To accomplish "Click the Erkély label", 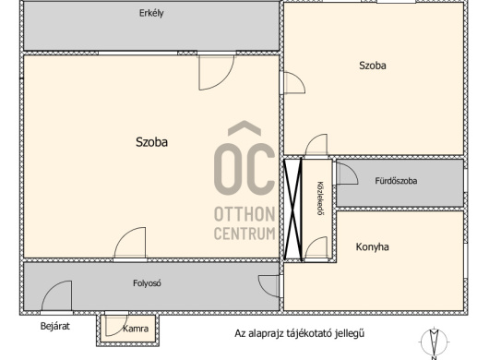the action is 151,14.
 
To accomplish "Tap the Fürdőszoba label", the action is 396,181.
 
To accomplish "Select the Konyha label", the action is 373,247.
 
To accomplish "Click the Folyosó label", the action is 147,283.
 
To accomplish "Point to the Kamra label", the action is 136,329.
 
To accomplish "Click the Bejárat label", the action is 54,327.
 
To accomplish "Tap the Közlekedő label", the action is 319,198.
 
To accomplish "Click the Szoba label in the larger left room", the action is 151,142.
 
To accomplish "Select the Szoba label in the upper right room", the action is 373,66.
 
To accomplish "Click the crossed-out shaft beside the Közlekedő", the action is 292,210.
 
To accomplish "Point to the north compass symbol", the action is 434,342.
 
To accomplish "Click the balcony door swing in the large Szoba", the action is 216,72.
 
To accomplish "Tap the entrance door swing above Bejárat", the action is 57,296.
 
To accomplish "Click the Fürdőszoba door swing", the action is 347,174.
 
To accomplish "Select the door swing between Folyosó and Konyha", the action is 269,286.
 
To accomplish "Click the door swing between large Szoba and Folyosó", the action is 130,243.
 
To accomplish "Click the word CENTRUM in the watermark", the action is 244,234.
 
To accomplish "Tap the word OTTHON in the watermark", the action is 244,214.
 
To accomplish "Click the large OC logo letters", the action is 244,158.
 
